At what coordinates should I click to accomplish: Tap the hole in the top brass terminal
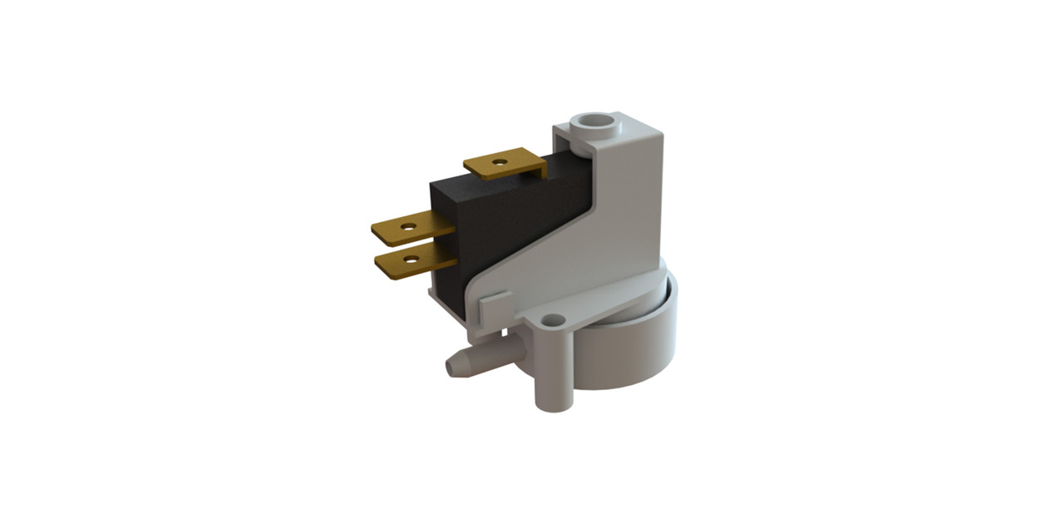click(499, 161)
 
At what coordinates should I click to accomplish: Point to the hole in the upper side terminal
click(408, 224)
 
